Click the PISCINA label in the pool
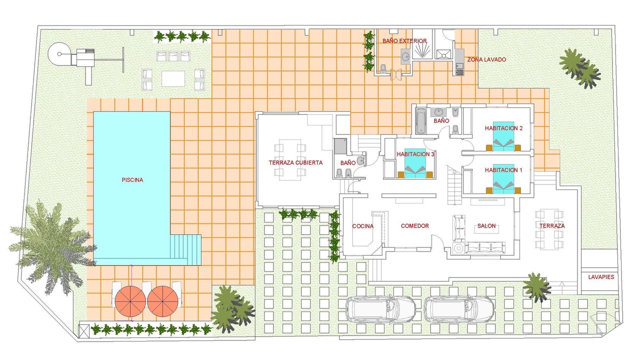tap(132, 180)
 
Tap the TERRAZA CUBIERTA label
tap(295, 162)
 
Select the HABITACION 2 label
tap(503, 128)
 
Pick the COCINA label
tap(362, 226)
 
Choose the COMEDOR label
tap(414, 225)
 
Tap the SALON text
tap(486, 225)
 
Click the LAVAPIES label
tap(601, 277)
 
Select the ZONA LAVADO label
tap(486, 59)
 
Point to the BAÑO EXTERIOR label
tap(404, 41)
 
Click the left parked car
tap(380, 309)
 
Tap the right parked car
tap(459, 309)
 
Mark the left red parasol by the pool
tap(130, 301)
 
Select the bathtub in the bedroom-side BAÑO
tap(420, 120)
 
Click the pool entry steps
tap(185, 249)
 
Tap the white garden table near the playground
tap(173, 78)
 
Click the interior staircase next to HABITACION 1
tap(454, 184)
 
